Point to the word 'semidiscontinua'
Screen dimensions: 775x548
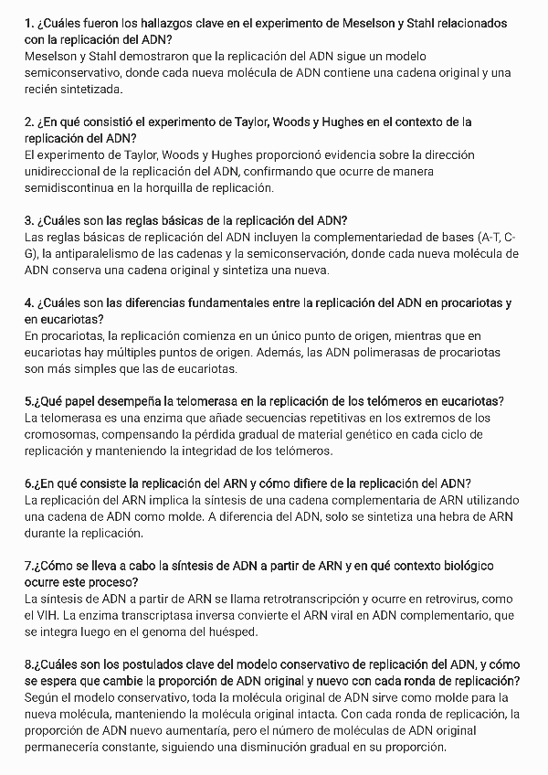click(71, 187)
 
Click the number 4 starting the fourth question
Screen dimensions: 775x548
click(28, 303)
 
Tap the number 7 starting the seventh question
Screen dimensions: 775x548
click(28, 566)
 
